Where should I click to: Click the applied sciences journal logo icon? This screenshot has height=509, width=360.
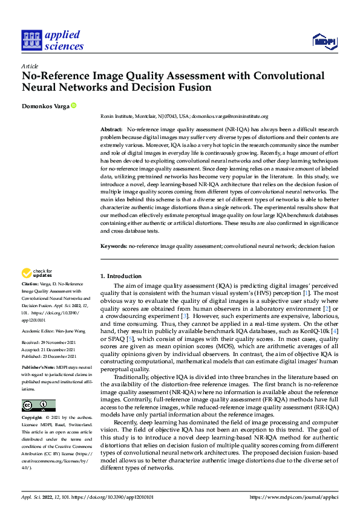tap(31, 41)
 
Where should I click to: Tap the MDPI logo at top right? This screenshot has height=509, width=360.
tap(324, 41)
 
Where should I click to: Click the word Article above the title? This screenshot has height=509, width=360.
tap(29, 66)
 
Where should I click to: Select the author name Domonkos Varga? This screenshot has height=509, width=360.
tap(45, 106)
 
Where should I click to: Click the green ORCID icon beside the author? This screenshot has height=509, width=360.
tap(74, 106)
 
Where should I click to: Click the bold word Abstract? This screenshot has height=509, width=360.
tap(111, 130)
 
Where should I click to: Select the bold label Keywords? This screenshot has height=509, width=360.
tap(113, 247)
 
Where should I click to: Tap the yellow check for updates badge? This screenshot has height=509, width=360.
tap(38, 274)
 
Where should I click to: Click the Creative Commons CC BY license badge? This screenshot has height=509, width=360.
tap(38, 406)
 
